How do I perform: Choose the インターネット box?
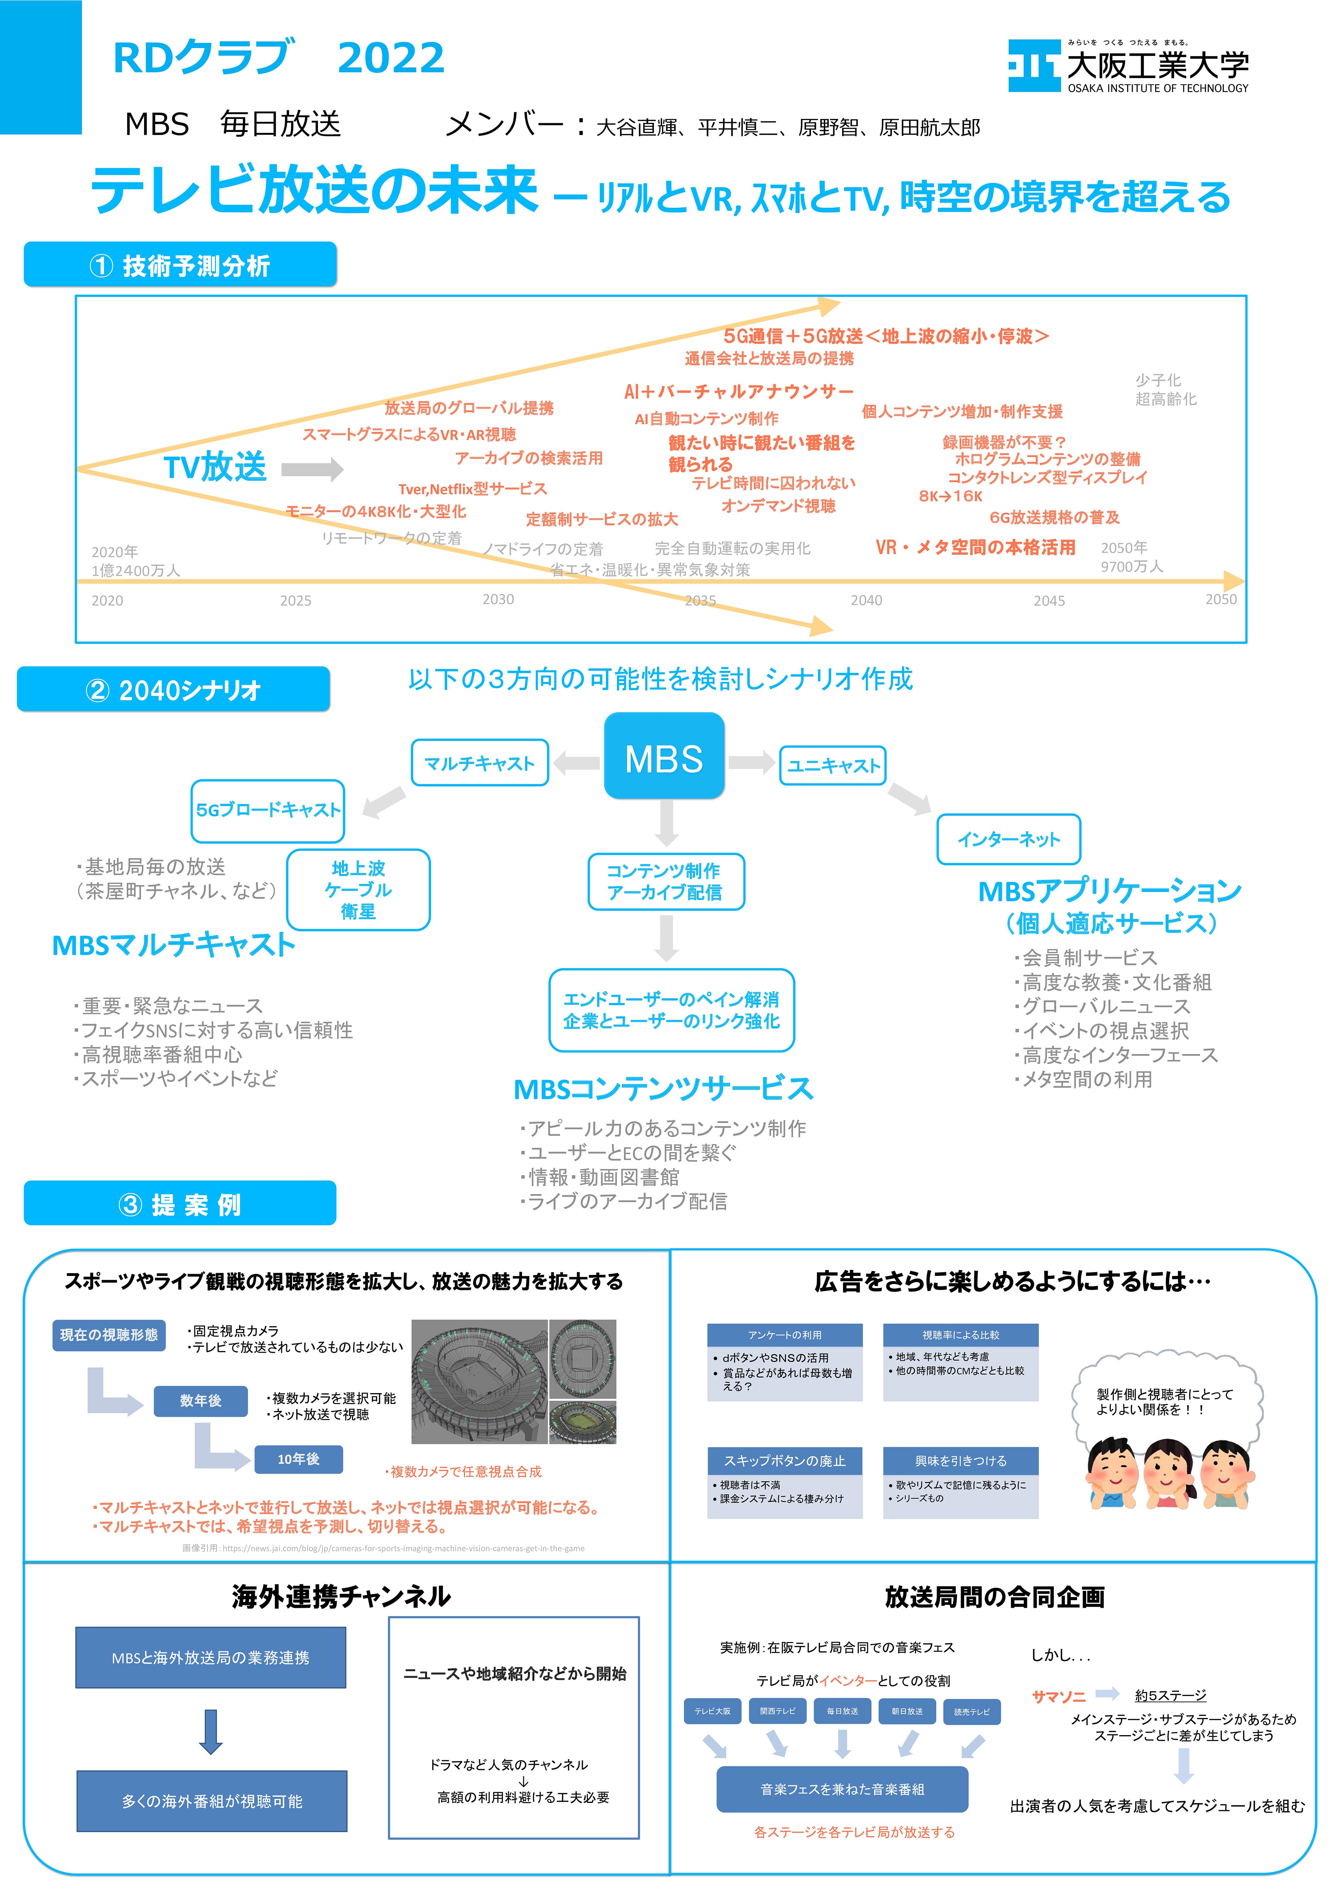(x=1008, y=839)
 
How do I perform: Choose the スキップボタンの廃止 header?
(x=785, y=1461)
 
